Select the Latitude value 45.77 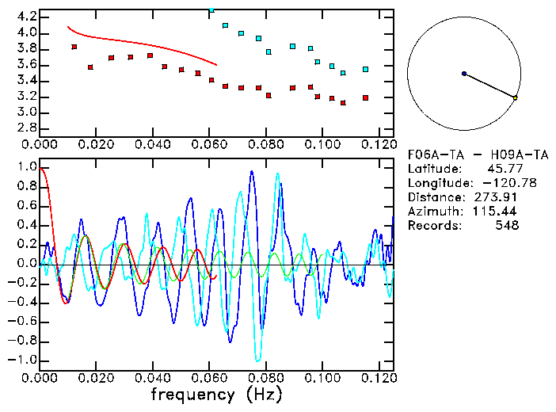click(x=501, y=169)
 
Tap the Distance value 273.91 click(x=494, y=197)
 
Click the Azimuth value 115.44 click(x=494, y=212)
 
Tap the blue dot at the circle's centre click(x=464, y=74)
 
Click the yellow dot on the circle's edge click(x=516, y=97)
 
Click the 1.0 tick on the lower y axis click(x=27, y=167)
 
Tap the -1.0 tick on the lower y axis click(x=25, y=360)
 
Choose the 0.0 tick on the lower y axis click(x=27, y=263)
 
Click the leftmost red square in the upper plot click(x=74, y=47)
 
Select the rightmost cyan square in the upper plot click(x=365, y=70)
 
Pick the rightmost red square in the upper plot click(x=365, y=97)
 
